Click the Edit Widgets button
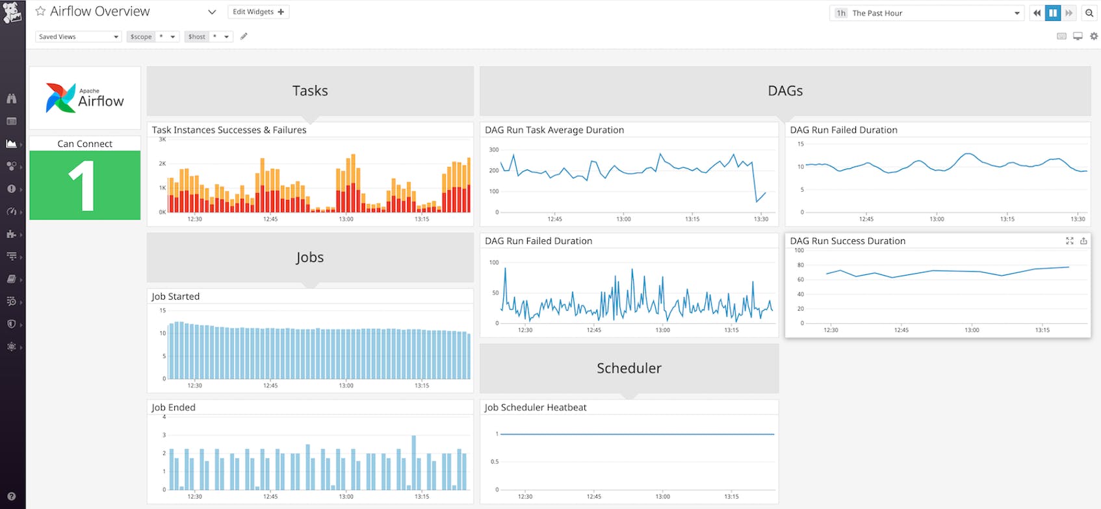[x=258, y=12]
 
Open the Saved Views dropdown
[x=78, y=37]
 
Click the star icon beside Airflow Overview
[x=40, y=11]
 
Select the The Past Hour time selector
[x=926, y=13]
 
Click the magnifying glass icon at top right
[x=1089, y=13]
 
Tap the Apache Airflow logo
[x=84, y=98]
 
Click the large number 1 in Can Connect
[x=83, y=186]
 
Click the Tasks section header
[x=310, y=91]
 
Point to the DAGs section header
[x=784, y=91]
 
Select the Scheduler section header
[x=628, y=368]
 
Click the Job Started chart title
[x=175, y=296]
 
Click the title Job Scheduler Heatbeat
[x=535, y=408]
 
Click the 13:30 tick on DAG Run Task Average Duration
[x=760, y=219]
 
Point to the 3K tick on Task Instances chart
[x=162, y=139]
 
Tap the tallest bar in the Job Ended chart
[x=414, y=462]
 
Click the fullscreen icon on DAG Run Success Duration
[x=1069, y=241]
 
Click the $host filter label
[x=197, y=37]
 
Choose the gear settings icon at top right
[x=1093, y=36]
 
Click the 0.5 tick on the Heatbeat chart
[x=495, y=462]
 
